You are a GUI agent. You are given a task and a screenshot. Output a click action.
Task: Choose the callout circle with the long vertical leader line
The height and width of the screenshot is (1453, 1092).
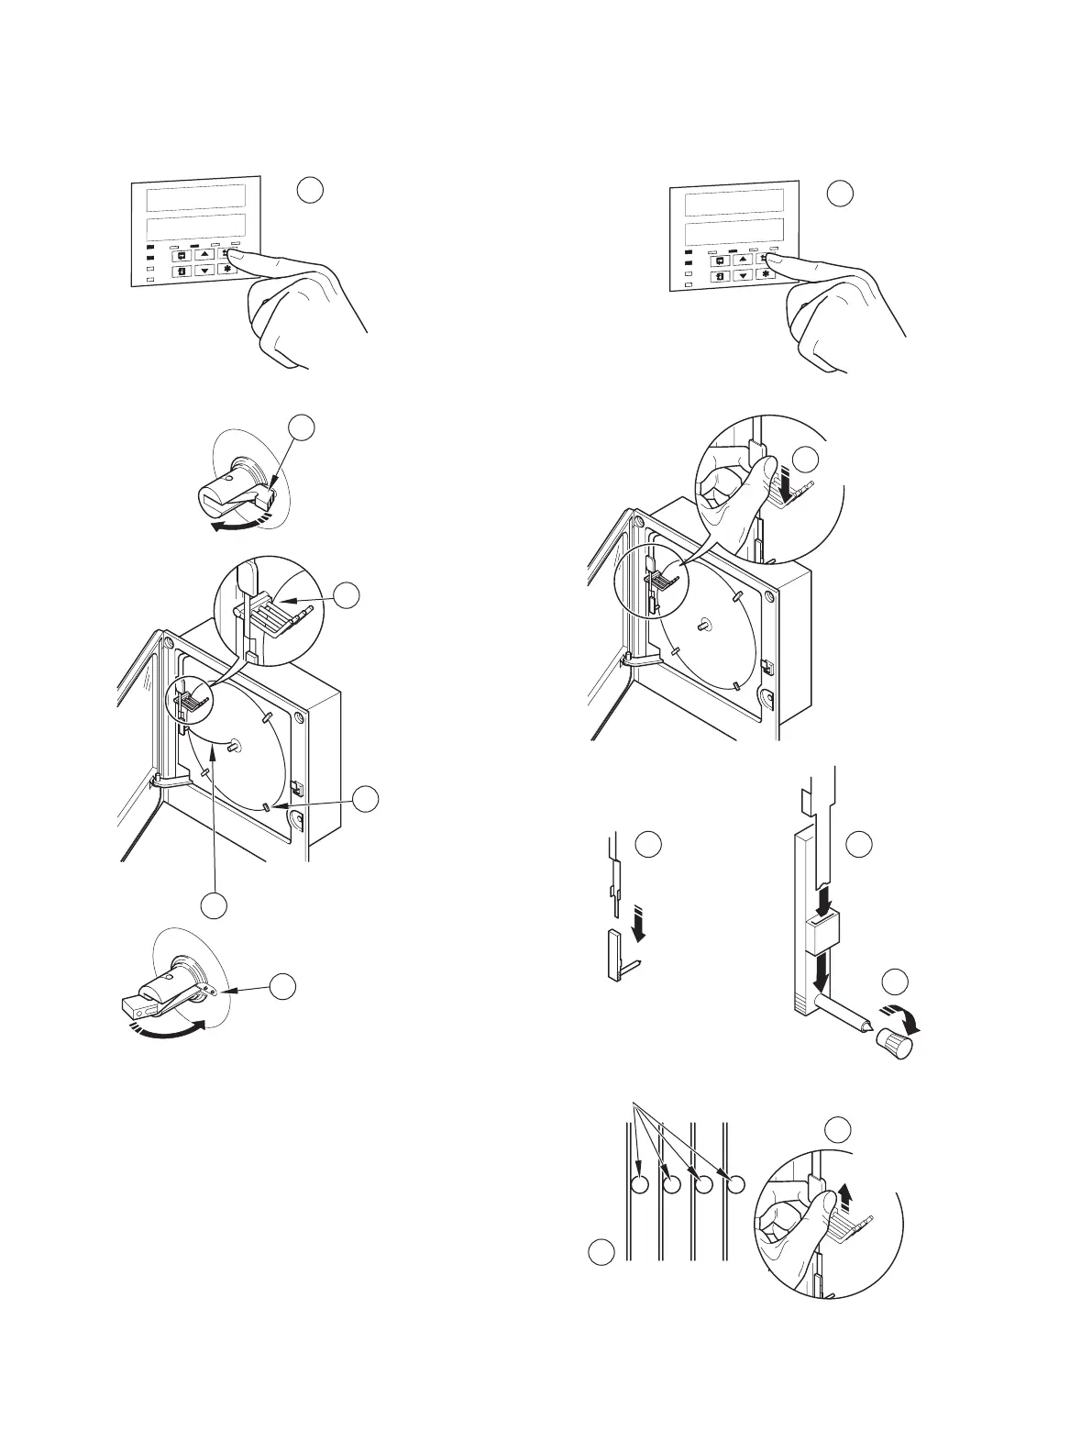click(214, 904)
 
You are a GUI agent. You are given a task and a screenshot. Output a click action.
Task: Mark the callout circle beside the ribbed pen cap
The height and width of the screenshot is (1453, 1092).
click(896, 982)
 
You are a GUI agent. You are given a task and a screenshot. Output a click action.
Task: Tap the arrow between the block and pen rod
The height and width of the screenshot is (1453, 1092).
click(821, 982)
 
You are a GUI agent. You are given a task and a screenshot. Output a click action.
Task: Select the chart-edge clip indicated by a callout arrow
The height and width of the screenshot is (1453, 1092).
click(265, 807)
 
